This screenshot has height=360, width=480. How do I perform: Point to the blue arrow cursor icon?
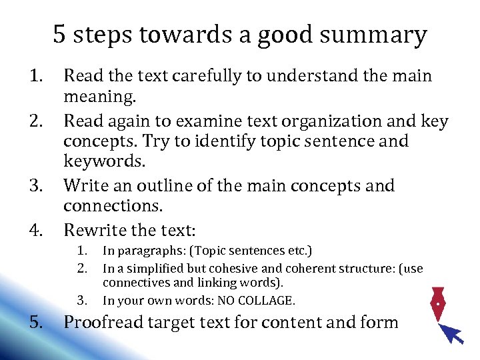click(452, 331)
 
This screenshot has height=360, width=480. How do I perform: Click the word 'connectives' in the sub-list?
click(133, 283)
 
